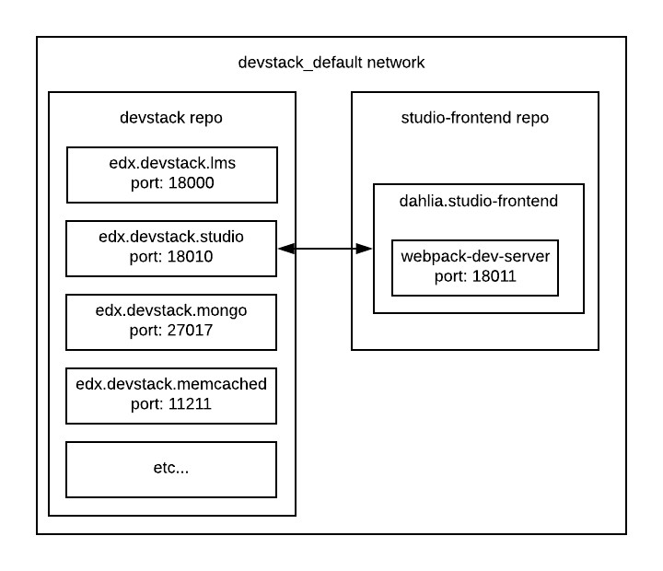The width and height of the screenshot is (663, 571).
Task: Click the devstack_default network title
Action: click(x=331, y=63)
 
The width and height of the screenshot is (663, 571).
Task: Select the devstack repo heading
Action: click(x=171, y=118)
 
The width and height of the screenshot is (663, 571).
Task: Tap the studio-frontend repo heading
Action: click(x=474, y=118)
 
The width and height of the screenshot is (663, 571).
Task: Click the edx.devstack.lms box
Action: click(x=171, y=174)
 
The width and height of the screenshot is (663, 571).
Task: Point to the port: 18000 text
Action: click(x=171, y=183)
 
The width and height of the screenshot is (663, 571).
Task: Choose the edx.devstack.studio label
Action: click(x=171, y=239)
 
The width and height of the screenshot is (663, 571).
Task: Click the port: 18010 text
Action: click(x=171, y=257)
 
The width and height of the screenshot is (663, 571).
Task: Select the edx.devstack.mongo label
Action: click(x=171, y=312)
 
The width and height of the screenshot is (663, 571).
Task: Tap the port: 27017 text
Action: click(x=171, y=331)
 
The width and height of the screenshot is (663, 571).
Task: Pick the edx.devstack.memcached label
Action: click(x=171, y=385)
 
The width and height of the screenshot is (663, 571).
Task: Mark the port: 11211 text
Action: click(x=171, y=403)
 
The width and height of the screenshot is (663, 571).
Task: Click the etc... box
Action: click(x=171, y=469)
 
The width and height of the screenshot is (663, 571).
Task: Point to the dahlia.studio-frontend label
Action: click(x=478, y=201)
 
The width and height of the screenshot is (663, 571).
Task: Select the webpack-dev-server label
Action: click(x=475, y=257)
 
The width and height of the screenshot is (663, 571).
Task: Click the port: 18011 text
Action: click(x=475, y=275)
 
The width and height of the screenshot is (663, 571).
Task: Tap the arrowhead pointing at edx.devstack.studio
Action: click(x=285, y=248)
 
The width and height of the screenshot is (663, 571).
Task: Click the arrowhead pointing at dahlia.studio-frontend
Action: click(x=365, y=248)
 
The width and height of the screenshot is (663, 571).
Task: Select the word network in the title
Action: click(x=394, y=63)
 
